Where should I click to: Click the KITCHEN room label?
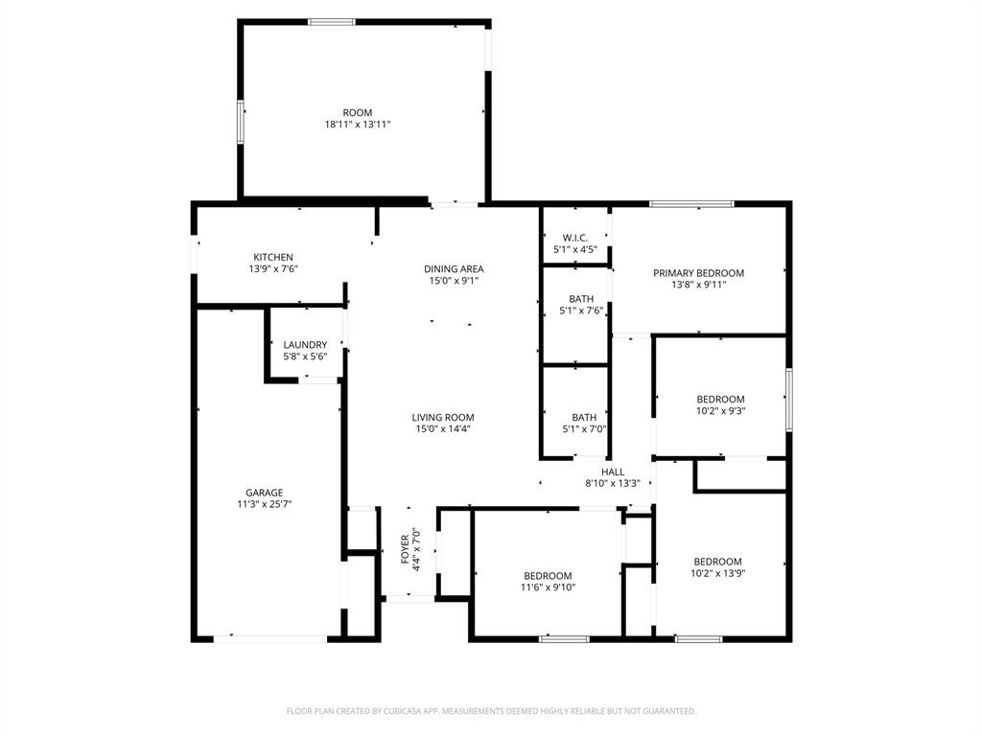pyautogui.click(x=273, y=257)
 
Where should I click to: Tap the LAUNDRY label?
pyautogui.click(x=305, y=345)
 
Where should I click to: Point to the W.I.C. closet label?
pyautogui.click(x=575, y=238)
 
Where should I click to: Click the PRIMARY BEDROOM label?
pyautogui.click(x=698, y=273)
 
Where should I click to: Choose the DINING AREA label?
pyautogui.click(x=454, y=269)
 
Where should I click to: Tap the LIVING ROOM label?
pyautogui.click(x=443, y=418)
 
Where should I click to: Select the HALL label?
pyautogui.click(x=613, y=471)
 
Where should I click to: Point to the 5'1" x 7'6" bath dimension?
pyautogui.click(x=581, y=310)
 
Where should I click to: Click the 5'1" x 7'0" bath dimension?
pyautogui.click(x=584, y=428)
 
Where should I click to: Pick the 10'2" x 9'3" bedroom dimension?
pyautogui.click(x=720, y=410)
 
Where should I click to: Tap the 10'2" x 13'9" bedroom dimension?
pyautogui.click(x=718, y=573)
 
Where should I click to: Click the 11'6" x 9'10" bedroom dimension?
pyautogui.click(x=548, y=586)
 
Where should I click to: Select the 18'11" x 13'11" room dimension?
pyautogui.click(x=358, y=125)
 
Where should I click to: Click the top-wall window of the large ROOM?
pyautogui.click(x=332, y=22)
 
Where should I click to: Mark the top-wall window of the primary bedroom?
pyautogui.click(x=691, y=203)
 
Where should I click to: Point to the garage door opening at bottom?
pyautogui.click(x=270, y=638)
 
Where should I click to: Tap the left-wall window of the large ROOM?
pyautogui.click(x=241, y=121)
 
